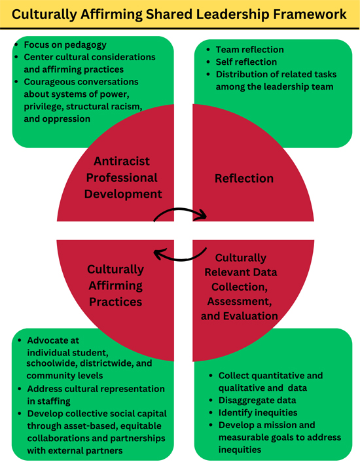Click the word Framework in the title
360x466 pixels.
(310, 14)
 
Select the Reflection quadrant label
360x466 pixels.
(244, 178)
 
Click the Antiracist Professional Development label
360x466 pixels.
(123, 177)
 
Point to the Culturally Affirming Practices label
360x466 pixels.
(116, 285)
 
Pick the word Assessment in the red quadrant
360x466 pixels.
(240, 301)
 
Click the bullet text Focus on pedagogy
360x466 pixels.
(65, 45)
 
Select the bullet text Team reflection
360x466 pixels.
(250, 49)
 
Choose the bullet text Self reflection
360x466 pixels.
(246, 62)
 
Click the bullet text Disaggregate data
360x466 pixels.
(257, 401)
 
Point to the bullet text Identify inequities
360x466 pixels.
(258, 412)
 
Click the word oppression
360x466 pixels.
(71, 119)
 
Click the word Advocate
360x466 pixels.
(53, 340)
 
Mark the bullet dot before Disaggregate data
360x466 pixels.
(211, 401)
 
